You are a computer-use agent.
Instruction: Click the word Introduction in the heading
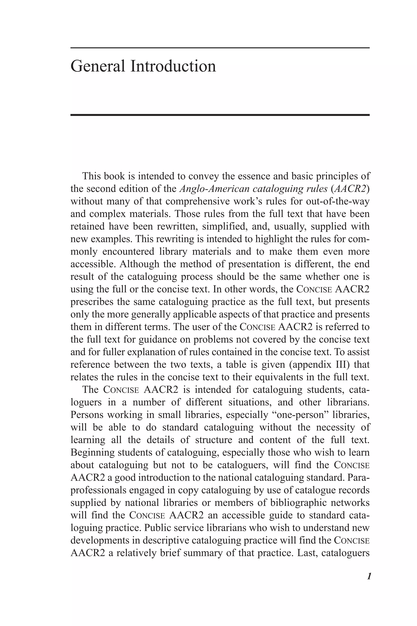[x=173, y=66]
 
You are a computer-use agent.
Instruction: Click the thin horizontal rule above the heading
[x=220, y=48]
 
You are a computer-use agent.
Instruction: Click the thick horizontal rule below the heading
[x=220, y=115]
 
